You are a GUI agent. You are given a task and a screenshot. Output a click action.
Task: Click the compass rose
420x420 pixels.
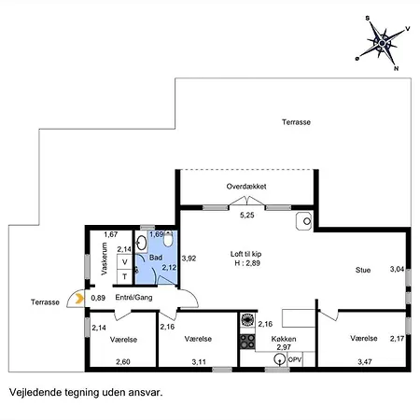383,43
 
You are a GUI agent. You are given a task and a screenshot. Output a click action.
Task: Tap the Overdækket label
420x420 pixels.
246,187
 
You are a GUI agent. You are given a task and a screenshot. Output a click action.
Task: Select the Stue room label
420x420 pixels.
363,270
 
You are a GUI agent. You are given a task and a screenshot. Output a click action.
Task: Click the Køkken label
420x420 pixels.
284,339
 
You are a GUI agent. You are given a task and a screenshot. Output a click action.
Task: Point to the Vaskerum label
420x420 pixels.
105,259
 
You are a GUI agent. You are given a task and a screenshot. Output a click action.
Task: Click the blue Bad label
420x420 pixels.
156,258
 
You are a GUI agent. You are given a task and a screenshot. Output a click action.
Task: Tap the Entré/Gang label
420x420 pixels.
133,298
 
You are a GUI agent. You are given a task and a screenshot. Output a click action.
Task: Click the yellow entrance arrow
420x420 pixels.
79,299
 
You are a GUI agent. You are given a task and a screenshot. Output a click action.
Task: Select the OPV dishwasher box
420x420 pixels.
295,359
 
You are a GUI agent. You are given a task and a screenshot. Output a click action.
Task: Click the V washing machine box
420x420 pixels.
125,262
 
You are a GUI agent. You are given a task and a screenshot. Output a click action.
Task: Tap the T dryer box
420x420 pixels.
125,276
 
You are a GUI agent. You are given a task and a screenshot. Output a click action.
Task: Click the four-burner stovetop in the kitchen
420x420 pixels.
247,342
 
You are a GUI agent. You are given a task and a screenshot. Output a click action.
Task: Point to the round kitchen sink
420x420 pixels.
280,359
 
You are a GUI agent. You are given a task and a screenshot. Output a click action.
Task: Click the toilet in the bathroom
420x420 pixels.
168,239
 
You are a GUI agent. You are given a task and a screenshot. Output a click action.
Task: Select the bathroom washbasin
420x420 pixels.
141,243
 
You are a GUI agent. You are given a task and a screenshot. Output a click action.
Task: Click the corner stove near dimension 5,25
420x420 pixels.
304,221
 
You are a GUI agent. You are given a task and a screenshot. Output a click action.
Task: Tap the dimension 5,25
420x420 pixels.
247,215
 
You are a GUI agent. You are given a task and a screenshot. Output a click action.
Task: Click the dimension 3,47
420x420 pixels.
365,362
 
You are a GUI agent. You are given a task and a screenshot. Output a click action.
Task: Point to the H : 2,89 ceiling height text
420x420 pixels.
247,263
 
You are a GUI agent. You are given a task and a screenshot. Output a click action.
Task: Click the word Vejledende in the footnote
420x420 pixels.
35,392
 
